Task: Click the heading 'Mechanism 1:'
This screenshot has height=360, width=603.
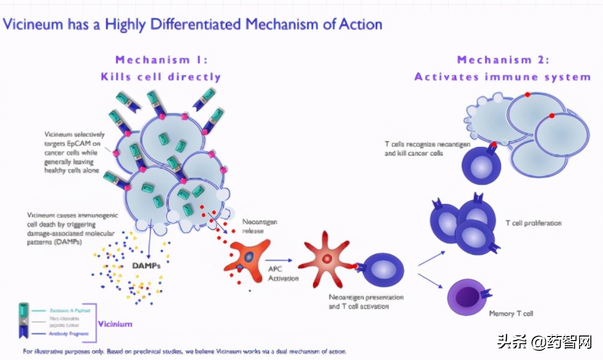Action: [x=161, y=60]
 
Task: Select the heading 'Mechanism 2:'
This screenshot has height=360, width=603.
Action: [x=503, y=60]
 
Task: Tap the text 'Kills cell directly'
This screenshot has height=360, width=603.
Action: [x=160, y=77]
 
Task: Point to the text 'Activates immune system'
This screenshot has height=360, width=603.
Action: [x=502, y=77]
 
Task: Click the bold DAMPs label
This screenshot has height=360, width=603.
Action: [x=146, y=266]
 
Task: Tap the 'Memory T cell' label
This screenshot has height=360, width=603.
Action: [x=511, y=313]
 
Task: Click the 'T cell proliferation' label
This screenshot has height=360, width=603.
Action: [x=534, y=223]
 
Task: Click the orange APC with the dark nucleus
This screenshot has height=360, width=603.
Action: [x=248, y=256]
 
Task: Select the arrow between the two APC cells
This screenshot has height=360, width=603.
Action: [x=279, y=260]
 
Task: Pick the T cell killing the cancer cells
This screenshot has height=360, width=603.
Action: [x=481, y=165]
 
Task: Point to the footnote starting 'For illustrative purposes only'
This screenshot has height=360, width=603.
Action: [x=184, y=352]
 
